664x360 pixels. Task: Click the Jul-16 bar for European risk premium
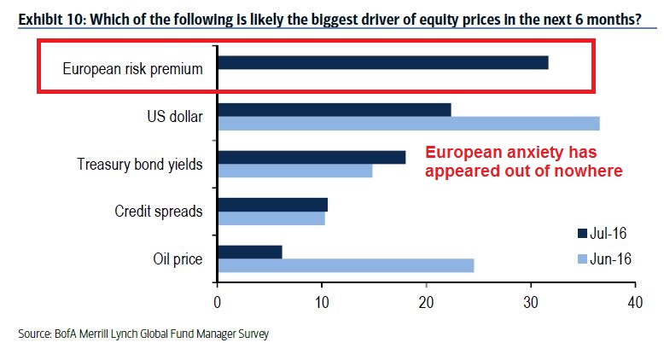coord(382,62)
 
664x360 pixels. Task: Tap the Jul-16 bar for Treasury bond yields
coord(311,157)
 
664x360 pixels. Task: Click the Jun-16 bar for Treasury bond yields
coord(294,171)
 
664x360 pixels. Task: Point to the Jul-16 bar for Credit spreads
coord(272,205)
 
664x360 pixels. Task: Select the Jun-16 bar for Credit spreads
coord(271,218)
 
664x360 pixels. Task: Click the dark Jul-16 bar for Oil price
coord(249,252)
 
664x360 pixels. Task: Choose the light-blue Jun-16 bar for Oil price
coord(345,265)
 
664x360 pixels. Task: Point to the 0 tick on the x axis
coord(218,302)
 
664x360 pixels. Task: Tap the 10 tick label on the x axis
coord(322,302)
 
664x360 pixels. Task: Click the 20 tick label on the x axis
coord(426,302)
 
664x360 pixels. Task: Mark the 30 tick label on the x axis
coord(531,302)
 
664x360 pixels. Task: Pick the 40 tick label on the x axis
coord(635,302)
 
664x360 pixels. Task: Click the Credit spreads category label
coord(159,211)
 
